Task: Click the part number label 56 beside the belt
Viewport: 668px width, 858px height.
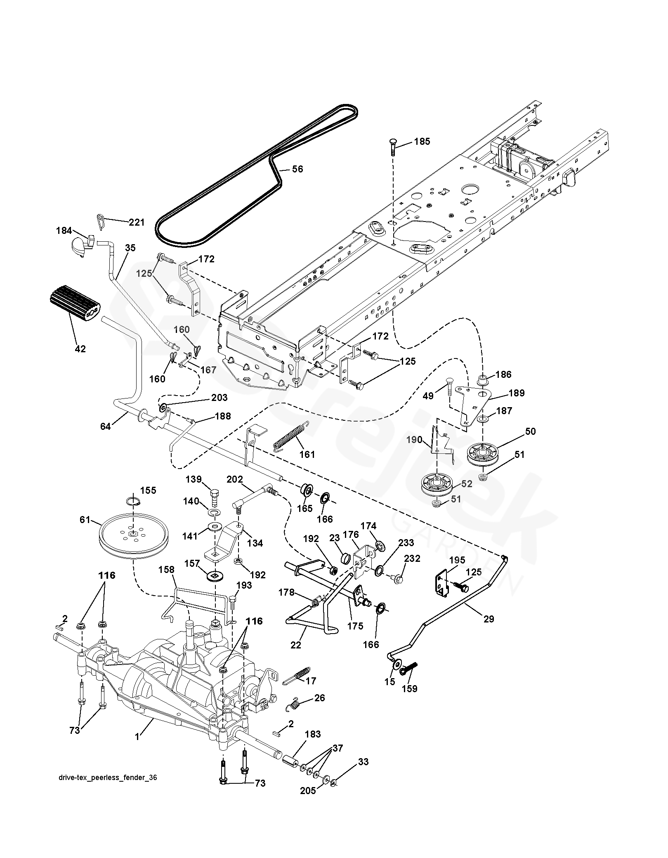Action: (x=297, y=169)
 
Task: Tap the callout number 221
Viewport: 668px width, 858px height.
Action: (x=137, y=222)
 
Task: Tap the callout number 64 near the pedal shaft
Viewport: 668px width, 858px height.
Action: (x=106, y=427)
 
